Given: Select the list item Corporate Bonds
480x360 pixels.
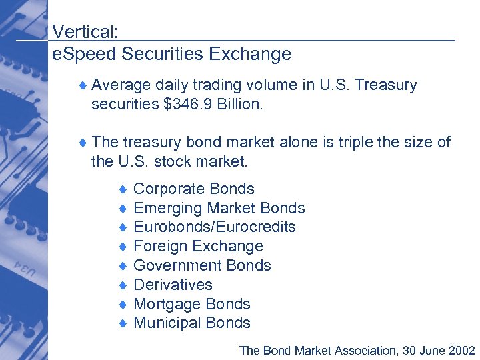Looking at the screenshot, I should [x=194, y=189].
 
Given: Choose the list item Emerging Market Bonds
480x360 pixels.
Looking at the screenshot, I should [x=219, y=209].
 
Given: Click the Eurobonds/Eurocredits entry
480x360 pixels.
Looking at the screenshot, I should [x=215, y=227].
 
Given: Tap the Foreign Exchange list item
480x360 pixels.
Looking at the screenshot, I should [x=199, y=247].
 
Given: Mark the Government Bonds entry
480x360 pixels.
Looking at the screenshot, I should [x=203, y=266].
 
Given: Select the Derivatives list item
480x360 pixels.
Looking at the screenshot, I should [x=173, y=285].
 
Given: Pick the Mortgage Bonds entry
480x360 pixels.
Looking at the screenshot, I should [x=192, y=305].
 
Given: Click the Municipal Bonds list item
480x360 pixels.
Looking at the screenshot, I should [x=192, y=323].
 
